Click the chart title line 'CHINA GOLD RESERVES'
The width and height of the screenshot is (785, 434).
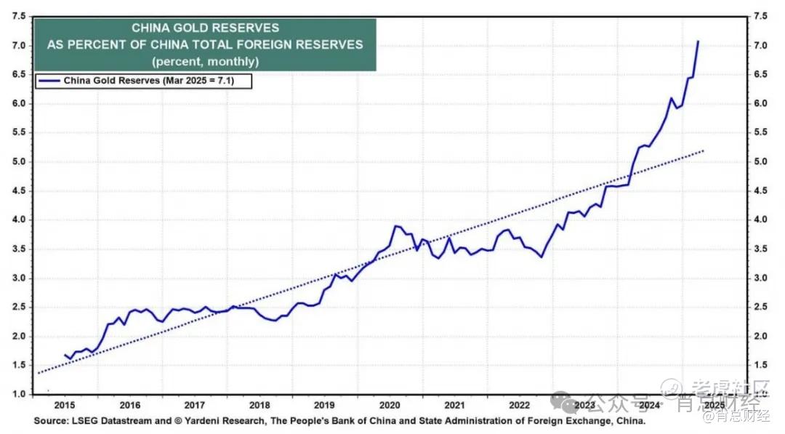pyautogui.click(x=205, y=28)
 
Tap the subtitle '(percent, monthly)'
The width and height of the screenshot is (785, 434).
pyautogui.click(x=205, y=61)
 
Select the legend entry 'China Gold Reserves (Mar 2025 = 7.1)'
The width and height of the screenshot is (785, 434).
pyautogui.click(x=157, y=81)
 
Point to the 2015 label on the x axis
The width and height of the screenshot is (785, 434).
pyautogui.click(x=65, y=406)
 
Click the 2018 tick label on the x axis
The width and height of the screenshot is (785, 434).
pyautogui.click(x=259, y=406)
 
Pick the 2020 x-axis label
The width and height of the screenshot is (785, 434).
pyautogui.click(x=390, y=406)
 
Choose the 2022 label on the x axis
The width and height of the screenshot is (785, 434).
pyautogui.click(x=519, y=406)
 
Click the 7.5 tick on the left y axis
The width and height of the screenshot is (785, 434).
pyautogui.click(x=20, y=16)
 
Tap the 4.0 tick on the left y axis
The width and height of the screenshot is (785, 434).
pyautogui.click(x=20, y=220)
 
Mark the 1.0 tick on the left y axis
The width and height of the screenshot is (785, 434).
pyautogui.click(x=20, y=395)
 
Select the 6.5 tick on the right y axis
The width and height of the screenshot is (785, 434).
pyautogui.click(x=761, y=74)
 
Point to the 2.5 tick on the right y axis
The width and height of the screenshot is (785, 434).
pyautogui.click(x=761, y=307)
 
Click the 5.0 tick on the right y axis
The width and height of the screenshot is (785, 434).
pyautogui.click(x=761, y=161)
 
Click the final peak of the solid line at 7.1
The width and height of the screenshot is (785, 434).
pyautogui.click(x=699, y=41)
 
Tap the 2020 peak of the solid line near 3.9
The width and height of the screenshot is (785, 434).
pyautogui.click(x=395, y=226)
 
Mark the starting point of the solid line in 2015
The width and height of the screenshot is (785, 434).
pyautogui.click(x=65, y=355)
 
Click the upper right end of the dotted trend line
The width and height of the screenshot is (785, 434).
pyautogui.click(x=704, y=150)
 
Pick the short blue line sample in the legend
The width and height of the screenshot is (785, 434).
pyautogui.click(x=50, y=81)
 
